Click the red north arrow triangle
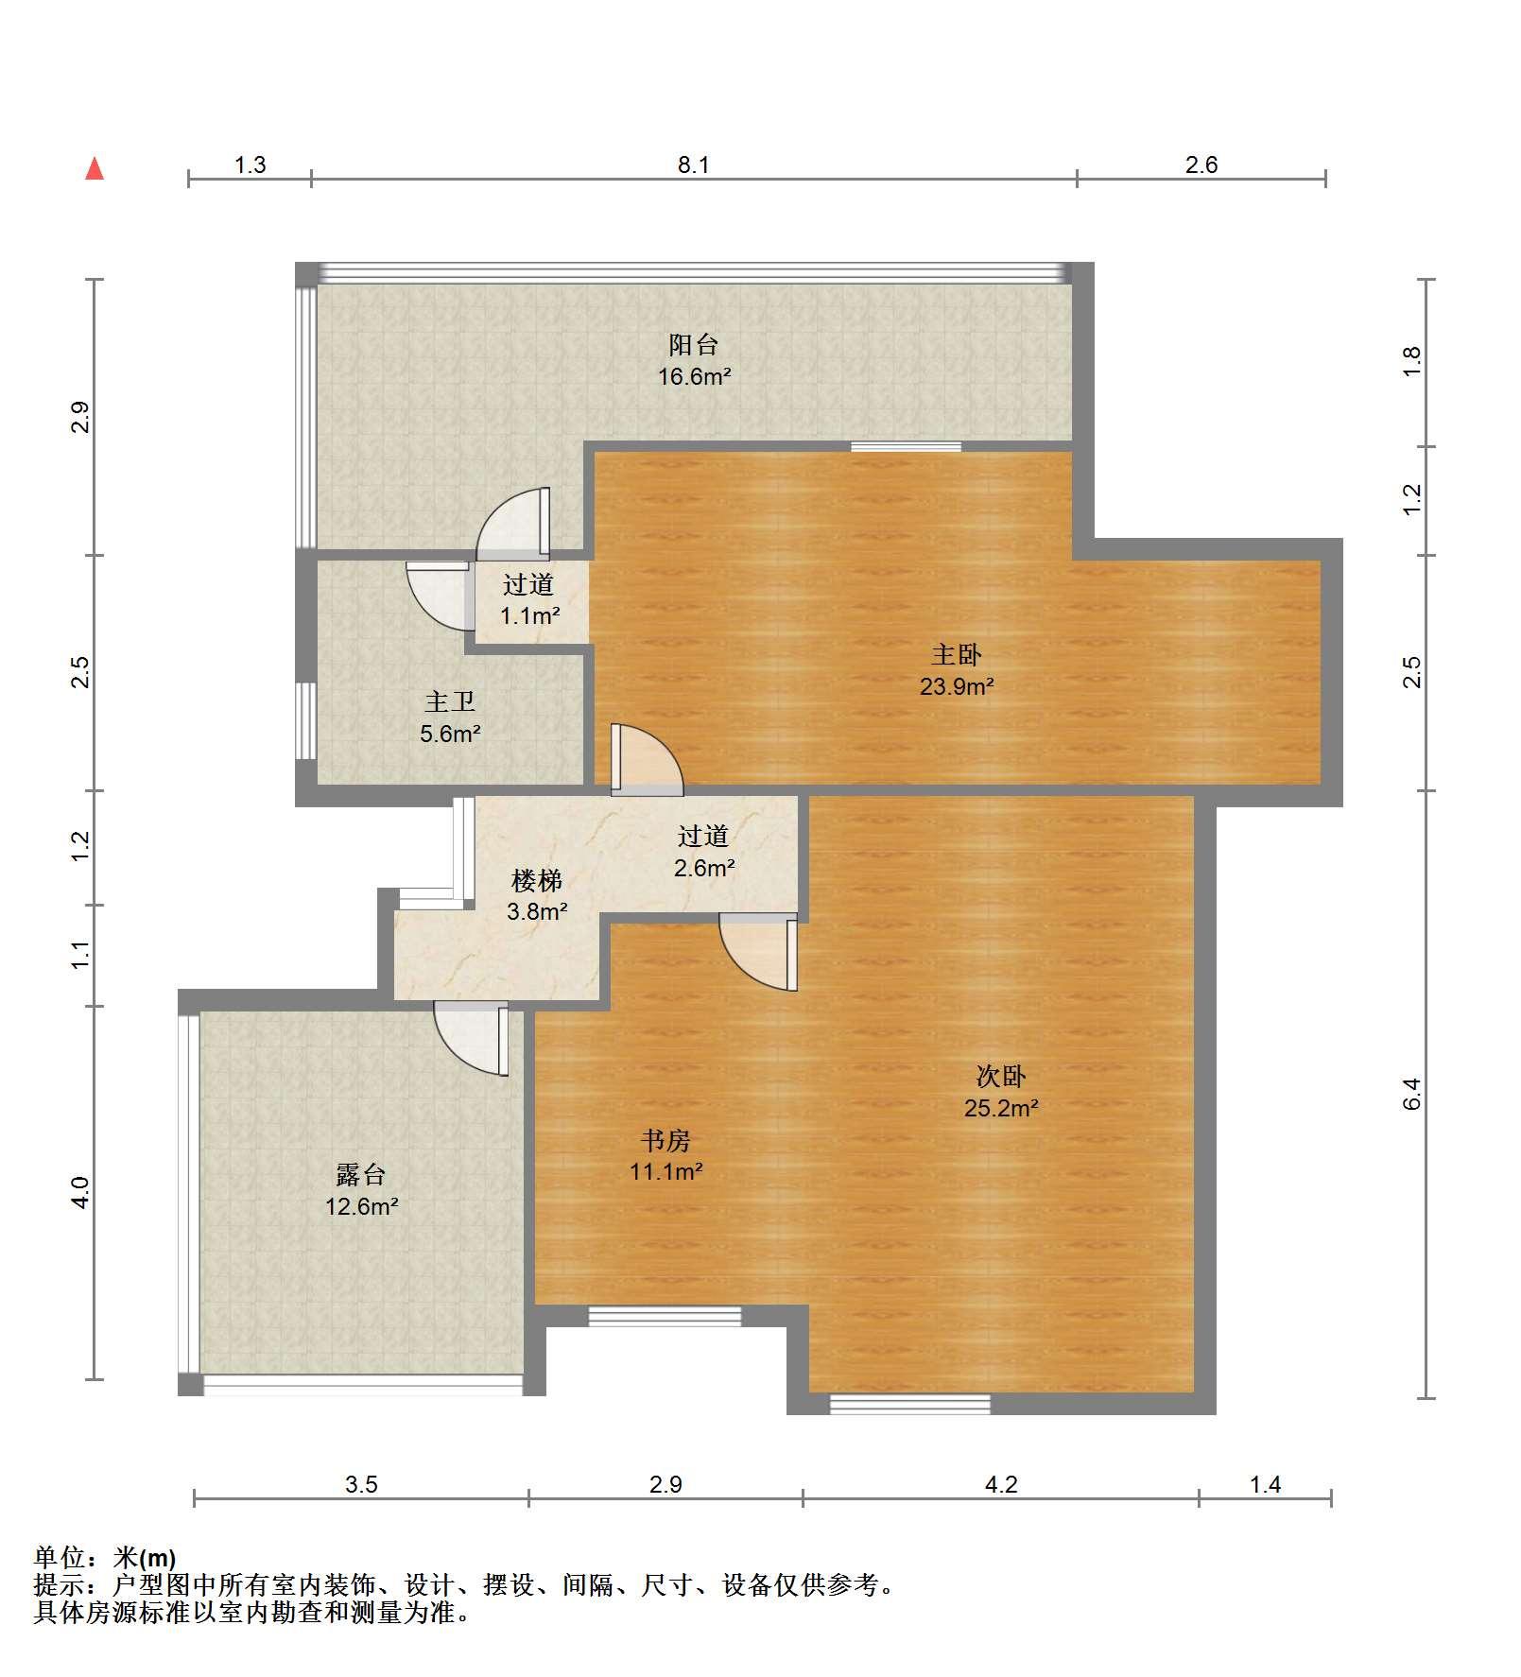pos(95,169)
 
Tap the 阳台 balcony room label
pos(694,345)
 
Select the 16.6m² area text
pos(695,377)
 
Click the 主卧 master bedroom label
pos(957,654)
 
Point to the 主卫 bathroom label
pos(450,701)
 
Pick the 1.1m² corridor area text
pos(529,616)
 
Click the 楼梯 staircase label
pos(537,881)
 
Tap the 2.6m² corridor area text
pos(704,868)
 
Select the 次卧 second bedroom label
pos(1001,1076)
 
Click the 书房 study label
pos(665,1140)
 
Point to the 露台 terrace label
pos(361,1175)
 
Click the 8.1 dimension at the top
pos(693,165)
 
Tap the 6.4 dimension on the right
pos(1412,1094)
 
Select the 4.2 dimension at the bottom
pos(1001,1485)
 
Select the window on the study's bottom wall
pos(665,1316)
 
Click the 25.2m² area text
pos(1001,1108)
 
